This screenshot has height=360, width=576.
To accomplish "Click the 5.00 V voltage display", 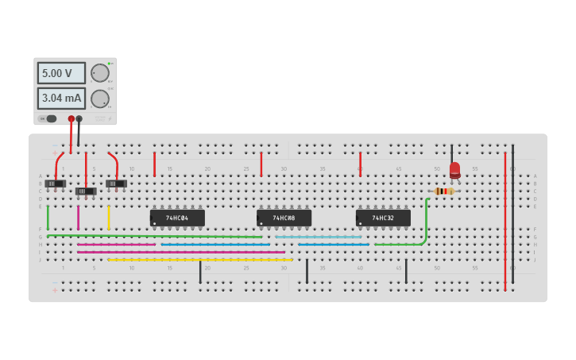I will [x=60, y=73].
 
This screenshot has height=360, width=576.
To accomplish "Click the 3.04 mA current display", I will [x=60, y=99].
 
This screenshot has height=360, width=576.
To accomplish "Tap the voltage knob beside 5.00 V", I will [x=99, y=73].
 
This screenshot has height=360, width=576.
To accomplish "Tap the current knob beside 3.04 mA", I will [x=99, y=99].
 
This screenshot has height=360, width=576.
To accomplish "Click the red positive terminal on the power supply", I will [x=71, y=119].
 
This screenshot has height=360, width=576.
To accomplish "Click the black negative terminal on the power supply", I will [x=79, y=119].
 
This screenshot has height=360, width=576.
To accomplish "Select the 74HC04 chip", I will [x=177, y=218].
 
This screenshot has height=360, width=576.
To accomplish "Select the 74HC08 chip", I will [x=284, y=218].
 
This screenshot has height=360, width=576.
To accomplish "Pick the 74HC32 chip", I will [x=383, y=218].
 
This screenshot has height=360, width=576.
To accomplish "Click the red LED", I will [x=454, y=169].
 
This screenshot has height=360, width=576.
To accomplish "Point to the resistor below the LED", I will [x=444, y=192].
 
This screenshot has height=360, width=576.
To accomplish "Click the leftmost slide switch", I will [x=55, y=184].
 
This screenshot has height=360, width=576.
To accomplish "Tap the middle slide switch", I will [x=86, y=192].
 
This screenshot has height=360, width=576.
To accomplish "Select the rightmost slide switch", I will [x=116, y=184].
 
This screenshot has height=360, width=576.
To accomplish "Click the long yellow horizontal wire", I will [x=199, y=260].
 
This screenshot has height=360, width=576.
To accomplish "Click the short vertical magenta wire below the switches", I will [x=78, y=218].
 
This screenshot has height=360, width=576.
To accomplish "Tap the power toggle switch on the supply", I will [x=48, y=119].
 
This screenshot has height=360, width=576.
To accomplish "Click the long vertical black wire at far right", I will [x=512, y=215].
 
